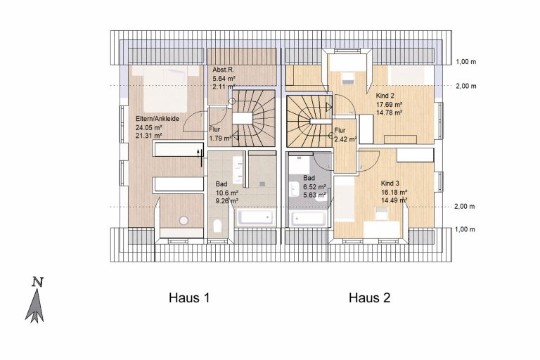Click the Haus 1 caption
[189, 297]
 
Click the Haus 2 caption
[370, 297]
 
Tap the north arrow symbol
[35, 301]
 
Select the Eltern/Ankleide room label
[157, 119]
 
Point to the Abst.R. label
[223, 70]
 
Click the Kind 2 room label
[385, 96]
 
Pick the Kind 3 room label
[390, 184]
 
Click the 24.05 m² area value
[149, 127]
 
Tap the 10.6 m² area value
[227, 193]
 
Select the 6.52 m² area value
[314, 187]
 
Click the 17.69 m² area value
[389, 104]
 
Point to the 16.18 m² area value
[394, 192]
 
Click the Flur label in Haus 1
[214, 129]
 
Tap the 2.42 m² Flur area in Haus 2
[345, 139]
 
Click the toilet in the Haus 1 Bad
[217, 226]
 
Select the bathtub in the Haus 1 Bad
[256, 217]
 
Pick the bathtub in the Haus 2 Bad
[308, 218]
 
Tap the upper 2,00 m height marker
[466, 86]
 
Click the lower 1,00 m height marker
[465, 229]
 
